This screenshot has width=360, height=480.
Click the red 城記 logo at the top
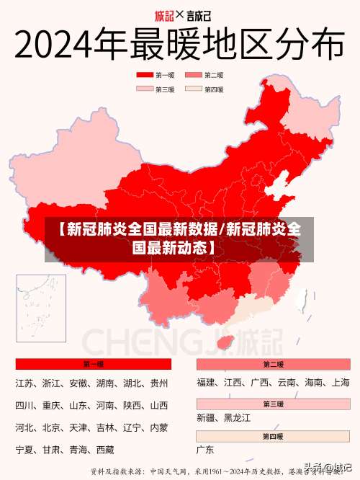pos(165,14)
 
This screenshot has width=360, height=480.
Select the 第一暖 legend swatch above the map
pos(145,75)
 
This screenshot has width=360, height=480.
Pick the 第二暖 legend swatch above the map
pos(193,75)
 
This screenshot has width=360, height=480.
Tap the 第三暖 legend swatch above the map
pos(145,89)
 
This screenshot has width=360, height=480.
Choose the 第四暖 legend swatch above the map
pos(193,89)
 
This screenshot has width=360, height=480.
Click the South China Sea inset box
pos(40,307)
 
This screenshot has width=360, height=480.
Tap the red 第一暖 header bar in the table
pos(94,365)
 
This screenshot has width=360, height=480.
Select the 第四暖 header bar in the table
pos(273,437)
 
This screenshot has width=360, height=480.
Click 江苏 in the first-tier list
pos(24,383)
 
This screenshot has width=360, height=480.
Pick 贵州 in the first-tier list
pos(159,383)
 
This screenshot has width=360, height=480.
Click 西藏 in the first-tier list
pos(105,450)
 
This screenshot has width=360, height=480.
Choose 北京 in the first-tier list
pos(51,428)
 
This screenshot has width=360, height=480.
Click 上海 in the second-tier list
pos(341,383)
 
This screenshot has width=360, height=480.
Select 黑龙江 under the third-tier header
pos(238,418)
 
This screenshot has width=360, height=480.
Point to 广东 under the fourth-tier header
pos(206,450)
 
